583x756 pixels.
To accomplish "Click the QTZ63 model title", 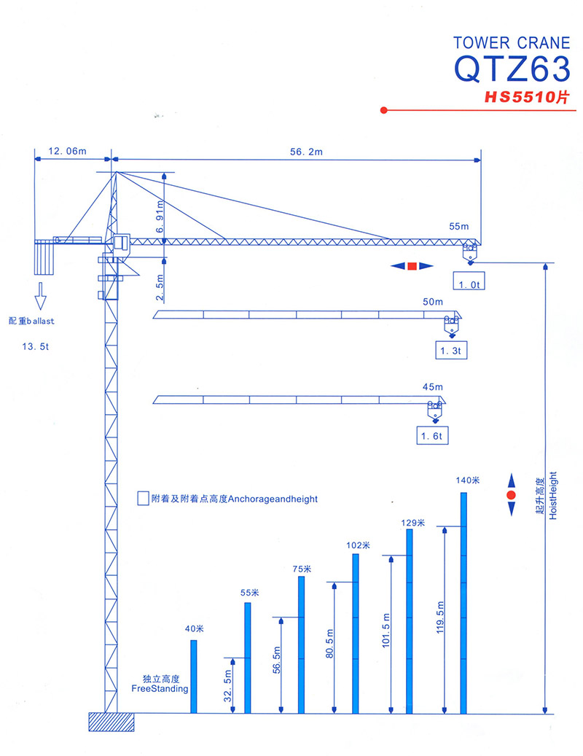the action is coord(512,69).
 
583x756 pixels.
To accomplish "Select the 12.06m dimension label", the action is coord(68,151).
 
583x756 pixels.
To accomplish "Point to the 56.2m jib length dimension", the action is coord(306,152).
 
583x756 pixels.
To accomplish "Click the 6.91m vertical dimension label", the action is coord(160,217).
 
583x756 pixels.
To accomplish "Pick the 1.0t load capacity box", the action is coord(469,281).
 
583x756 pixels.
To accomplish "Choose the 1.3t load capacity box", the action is coord(451,351).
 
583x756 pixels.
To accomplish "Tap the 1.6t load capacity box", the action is coord(432,435).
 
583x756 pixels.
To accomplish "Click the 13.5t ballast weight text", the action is coord(35,347).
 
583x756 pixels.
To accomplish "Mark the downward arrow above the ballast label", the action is coord(41,295).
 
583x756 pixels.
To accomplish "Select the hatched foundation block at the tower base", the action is coord(111,722).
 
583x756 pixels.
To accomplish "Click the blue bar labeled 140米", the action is coord(463,603).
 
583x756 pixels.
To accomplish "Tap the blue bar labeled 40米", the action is coord(194,677).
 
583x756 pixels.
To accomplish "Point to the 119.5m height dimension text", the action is coord(440,617).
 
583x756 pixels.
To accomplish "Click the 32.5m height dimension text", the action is coord(228,685).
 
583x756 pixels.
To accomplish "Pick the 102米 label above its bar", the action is coord(358,545).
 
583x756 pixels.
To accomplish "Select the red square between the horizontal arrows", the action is coord(412,266).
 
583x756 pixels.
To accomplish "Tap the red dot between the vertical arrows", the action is coord(511,495).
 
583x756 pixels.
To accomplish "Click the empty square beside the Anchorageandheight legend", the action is coord(143,499).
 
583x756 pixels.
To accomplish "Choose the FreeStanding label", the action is coord(160,689).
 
